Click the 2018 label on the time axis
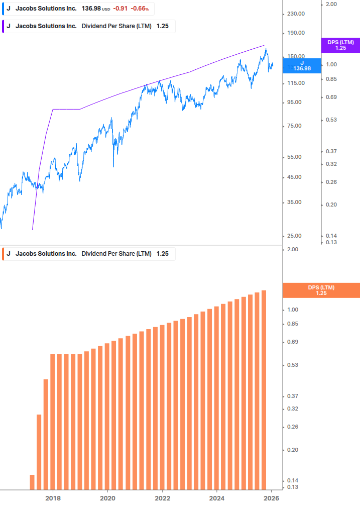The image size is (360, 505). (x=53, y=498)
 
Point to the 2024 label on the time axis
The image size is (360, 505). (x=216, y=498)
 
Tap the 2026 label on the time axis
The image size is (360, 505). (x=271, y=498)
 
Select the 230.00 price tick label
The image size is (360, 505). (x=296, y=14)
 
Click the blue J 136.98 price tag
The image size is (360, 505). (x=302, y=65)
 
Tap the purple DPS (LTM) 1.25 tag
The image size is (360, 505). (x=340, y=45)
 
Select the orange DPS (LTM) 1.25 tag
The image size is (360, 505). (x=321, y=290)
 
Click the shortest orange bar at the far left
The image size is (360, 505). (x=32, y=481)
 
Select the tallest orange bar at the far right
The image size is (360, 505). (x=264, y=389)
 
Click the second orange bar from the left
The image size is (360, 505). (x=39, y=451)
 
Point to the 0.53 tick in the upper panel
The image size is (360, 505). (x=330, y=120)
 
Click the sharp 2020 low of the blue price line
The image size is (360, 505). (x=113, y=166)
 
